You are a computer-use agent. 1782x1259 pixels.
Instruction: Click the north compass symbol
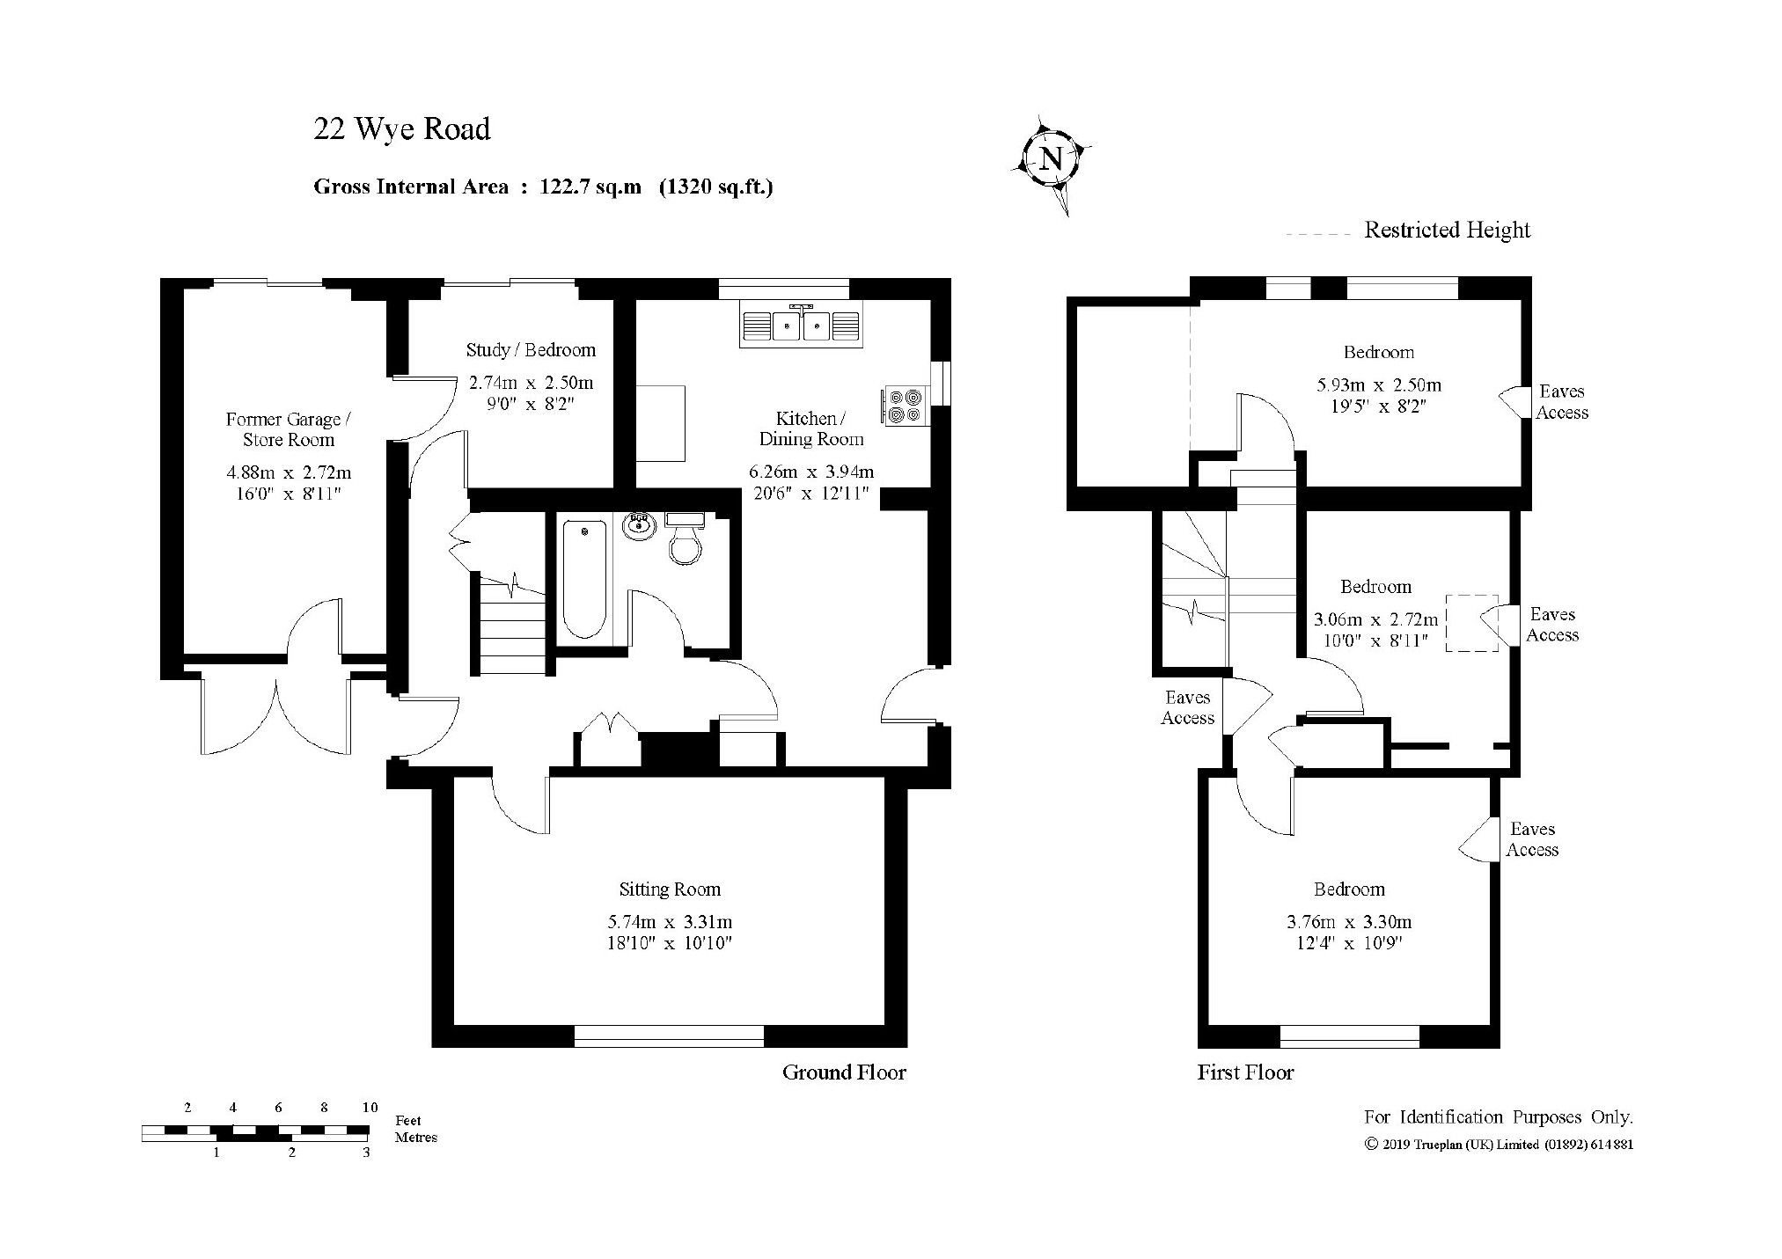(1051, 162)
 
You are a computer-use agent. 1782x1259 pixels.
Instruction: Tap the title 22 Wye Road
(402, 129)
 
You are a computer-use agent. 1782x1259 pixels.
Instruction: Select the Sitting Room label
(670, 889)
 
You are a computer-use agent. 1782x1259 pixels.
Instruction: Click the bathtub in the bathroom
(584, 578)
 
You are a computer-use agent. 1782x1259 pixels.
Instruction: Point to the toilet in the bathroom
(686, 538)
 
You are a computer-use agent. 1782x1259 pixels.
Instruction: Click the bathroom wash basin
(640, 526)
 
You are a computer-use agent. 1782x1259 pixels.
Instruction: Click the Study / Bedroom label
(531, 350)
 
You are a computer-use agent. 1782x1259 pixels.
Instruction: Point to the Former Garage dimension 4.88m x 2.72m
(289, 473)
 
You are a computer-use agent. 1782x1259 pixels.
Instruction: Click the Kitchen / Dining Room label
(810, 428)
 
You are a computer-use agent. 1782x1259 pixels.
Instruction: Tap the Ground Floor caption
(844, 1072)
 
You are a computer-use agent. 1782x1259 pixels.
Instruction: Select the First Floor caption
(1245, 1072)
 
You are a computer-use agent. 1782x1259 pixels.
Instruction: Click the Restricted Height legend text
(1448, 231)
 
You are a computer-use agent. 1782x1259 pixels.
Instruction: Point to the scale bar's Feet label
(408, 1121)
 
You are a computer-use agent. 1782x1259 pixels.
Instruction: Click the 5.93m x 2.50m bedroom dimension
(1379, 385)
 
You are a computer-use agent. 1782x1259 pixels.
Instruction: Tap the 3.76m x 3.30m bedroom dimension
(1349, 922)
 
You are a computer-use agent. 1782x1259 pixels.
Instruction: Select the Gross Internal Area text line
(544, 187)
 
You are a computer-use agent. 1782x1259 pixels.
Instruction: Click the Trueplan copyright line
(1499, 1145)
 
